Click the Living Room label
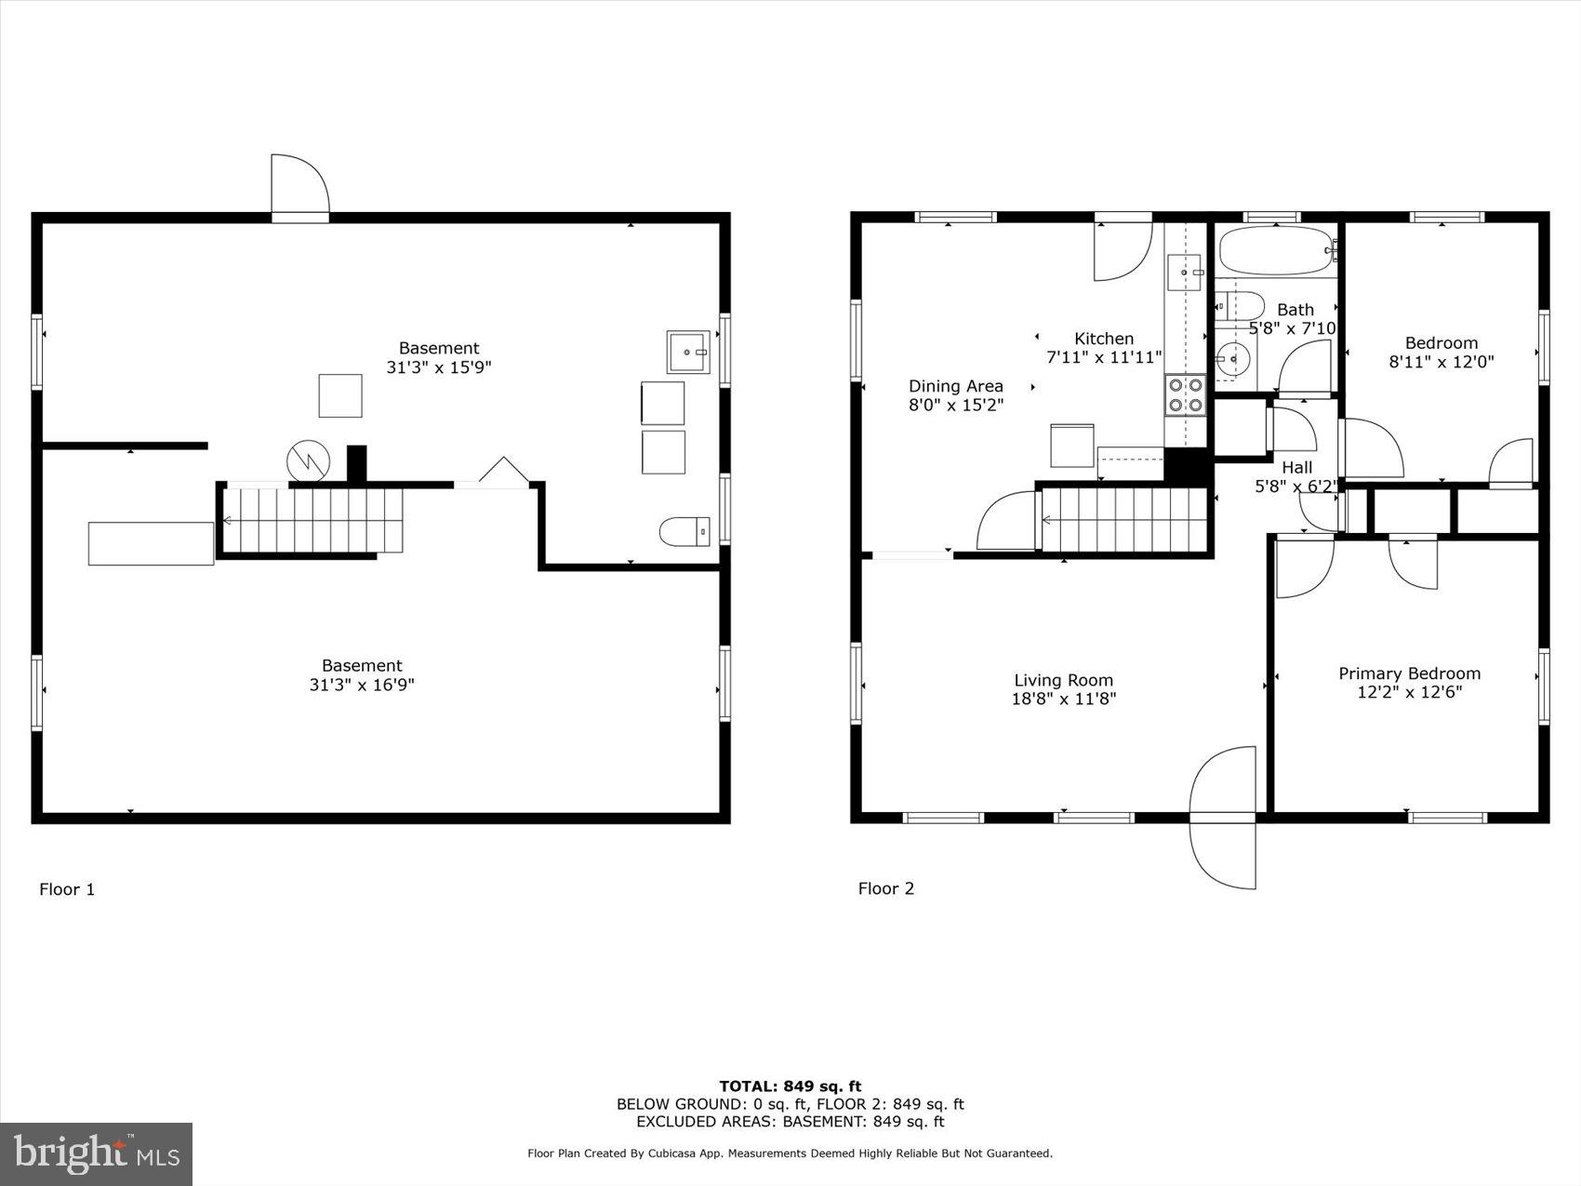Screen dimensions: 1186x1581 point(1063,680)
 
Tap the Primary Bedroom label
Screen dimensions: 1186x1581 point(1409,673)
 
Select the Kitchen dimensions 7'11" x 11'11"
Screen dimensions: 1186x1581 point(1104,357)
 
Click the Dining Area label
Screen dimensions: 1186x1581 point(955,386)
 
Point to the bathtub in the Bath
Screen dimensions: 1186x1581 point(1277,250)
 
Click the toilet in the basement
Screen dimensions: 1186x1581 point(684,532)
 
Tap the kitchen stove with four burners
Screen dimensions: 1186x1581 point(1185,394)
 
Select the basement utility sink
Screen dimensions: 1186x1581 point(687,352)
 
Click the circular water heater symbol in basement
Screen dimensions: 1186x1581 point(307,460)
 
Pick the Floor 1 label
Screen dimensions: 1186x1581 point(67,889)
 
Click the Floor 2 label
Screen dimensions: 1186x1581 point(885,888)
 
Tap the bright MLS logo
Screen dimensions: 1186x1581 point(97,1154)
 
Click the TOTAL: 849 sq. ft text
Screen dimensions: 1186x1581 point(790,1086)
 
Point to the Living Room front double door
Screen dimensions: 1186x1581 point(1223,817)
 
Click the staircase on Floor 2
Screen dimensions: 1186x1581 point(1123,520)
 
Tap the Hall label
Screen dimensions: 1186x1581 point(1296,467)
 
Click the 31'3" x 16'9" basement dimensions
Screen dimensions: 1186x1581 point(362,685)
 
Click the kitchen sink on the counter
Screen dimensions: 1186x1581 point(1184,272)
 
